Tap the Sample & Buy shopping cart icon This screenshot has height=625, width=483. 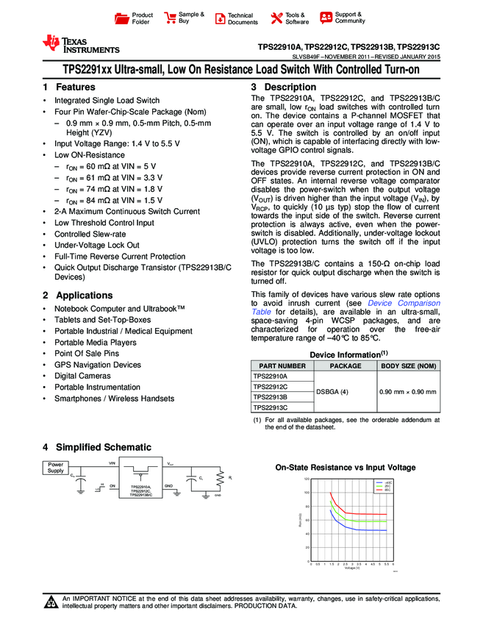click(x=171, y=17)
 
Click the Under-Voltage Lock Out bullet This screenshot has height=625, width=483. click(x=96, y=245)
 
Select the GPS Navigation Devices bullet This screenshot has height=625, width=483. click(x=97, y=365)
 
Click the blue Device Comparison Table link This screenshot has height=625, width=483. click(x=390, y=303)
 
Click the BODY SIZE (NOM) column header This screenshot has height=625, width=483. click(x=408, y=365)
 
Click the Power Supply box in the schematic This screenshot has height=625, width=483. click(x=56, y=468)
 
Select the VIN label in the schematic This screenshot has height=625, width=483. click(x=112, y=464)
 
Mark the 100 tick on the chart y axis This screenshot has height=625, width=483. click(x=306, y=493)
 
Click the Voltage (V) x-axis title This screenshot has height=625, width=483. click(x=351, y=568)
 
